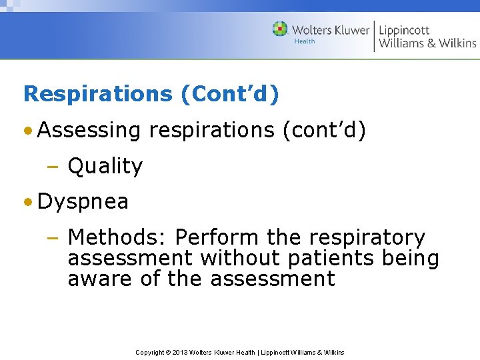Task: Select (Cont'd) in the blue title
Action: point(230,93)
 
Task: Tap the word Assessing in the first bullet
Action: point(89,131)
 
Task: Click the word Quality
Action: point(105,166)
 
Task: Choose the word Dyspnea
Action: point(83,201)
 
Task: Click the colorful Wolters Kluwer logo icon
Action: point(280,29)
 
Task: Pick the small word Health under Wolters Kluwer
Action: point(304,41)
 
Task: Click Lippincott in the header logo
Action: point(405,30)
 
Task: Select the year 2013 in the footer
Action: point(181,352)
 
